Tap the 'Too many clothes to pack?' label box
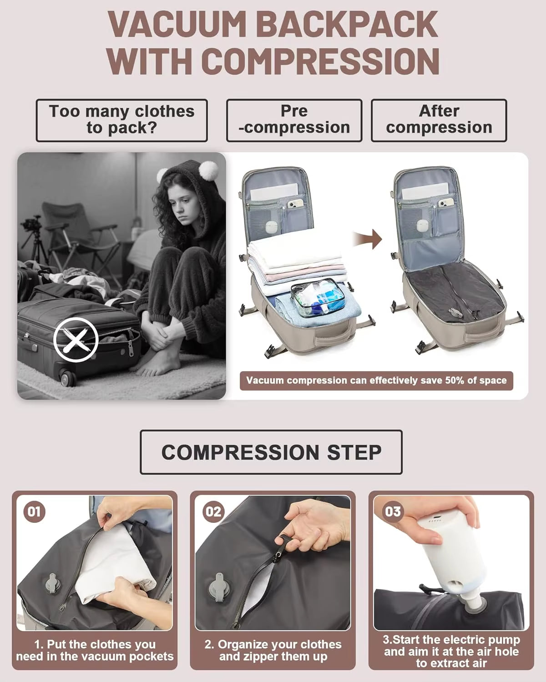121,120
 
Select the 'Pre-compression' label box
294,120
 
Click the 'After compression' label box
439,120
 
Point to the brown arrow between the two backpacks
367,239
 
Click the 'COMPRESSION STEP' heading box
271,452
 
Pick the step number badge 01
34,511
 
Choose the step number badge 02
213,511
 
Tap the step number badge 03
392,511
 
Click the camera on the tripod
31,224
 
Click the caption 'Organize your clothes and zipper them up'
273,650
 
